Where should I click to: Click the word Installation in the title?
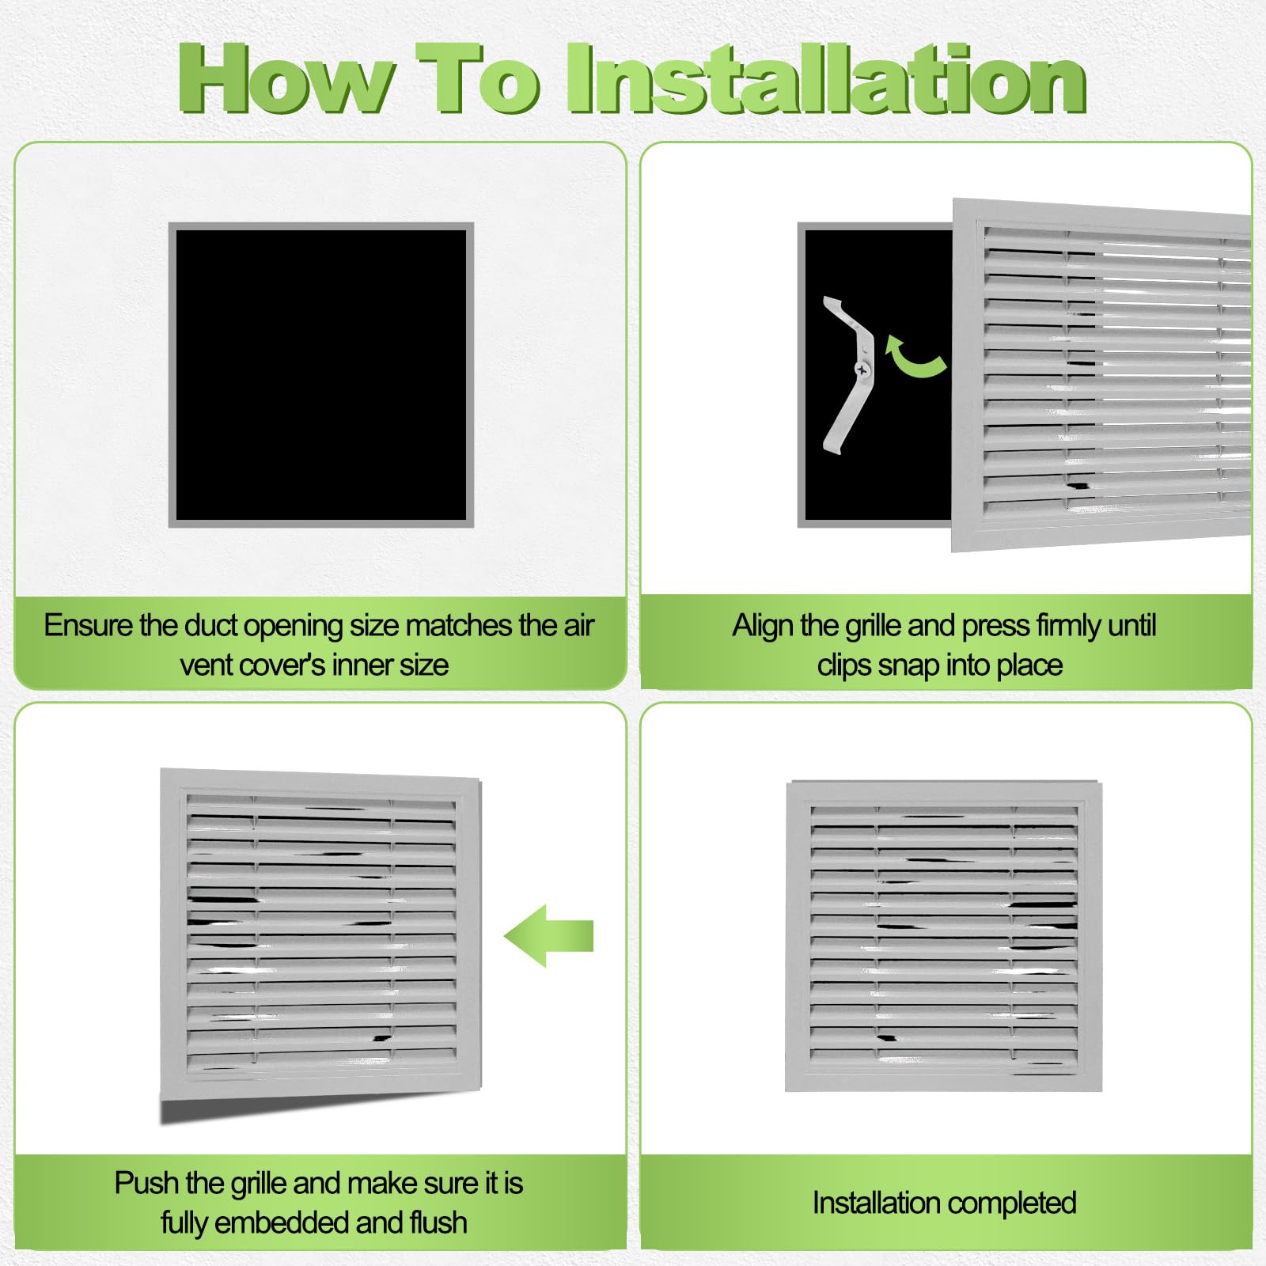[827, 79]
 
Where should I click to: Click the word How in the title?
[285, 79]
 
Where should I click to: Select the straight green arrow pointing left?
[548, 936]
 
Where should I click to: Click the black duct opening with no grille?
[320, 375]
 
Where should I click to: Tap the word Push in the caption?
[147, 1183]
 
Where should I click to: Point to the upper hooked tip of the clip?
[828, 301]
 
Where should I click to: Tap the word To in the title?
[479, 79]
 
